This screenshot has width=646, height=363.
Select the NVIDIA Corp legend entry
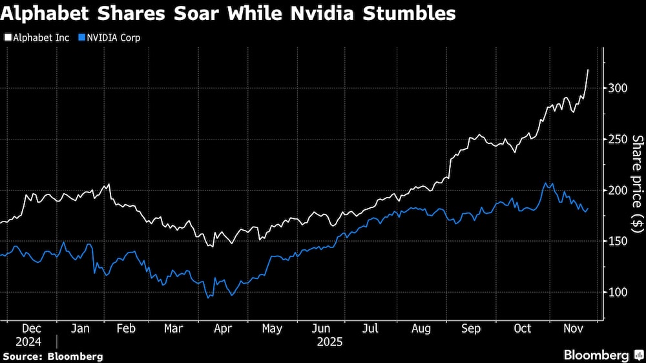109,37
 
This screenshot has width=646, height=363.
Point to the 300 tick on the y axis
617,88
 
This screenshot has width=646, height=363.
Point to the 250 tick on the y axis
617,140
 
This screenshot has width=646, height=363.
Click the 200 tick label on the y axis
617,191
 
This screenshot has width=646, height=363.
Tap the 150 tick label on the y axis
617,242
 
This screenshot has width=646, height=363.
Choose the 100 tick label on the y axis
617,293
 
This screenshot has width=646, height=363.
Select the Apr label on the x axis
223,329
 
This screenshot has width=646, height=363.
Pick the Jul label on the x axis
371,329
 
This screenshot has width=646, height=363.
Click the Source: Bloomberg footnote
52,356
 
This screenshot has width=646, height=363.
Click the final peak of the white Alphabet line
588,70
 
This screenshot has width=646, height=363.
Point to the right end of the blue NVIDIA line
588,209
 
